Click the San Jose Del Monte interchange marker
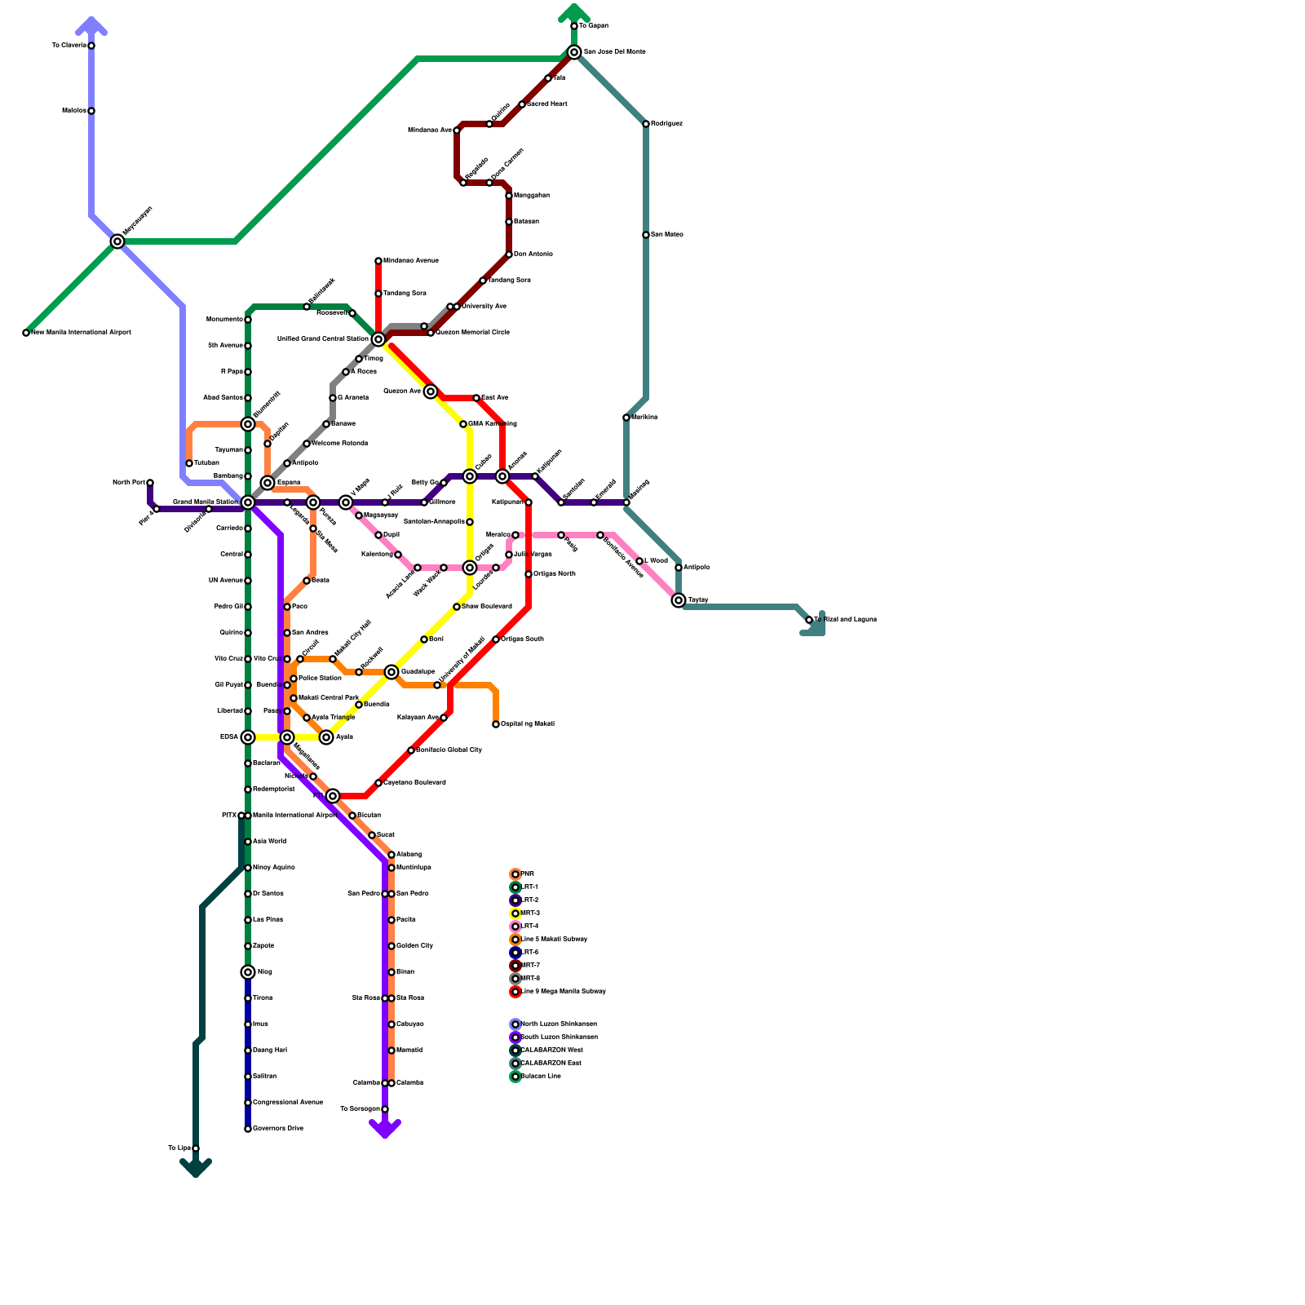pos(574,52)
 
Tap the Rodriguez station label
pos(666,124)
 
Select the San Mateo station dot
pos(646,235)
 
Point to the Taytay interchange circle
pos(679,600)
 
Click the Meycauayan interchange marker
pos(117,241)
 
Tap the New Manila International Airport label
pos(81,333)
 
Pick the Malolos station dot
pos(91,111)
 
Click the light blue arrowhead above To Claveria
pos(91,25)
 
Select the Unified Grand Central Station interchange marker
pos(378,339)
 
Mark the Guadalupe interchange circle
pos(391,672)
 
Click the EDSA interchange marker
pos(248,737)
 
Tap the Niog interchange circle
pos(248,972)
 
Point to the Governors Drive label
pos(278,1129)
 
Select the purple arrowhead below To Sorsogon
pos(385,1129)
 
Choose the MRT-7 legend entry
pos(530,966)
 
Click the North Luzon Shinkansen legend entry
pos(559,1024)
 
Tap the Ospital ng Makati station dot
pos(496,724)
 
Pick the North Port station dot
pos(150,483)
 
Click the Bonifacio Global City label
pos(449,750)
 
